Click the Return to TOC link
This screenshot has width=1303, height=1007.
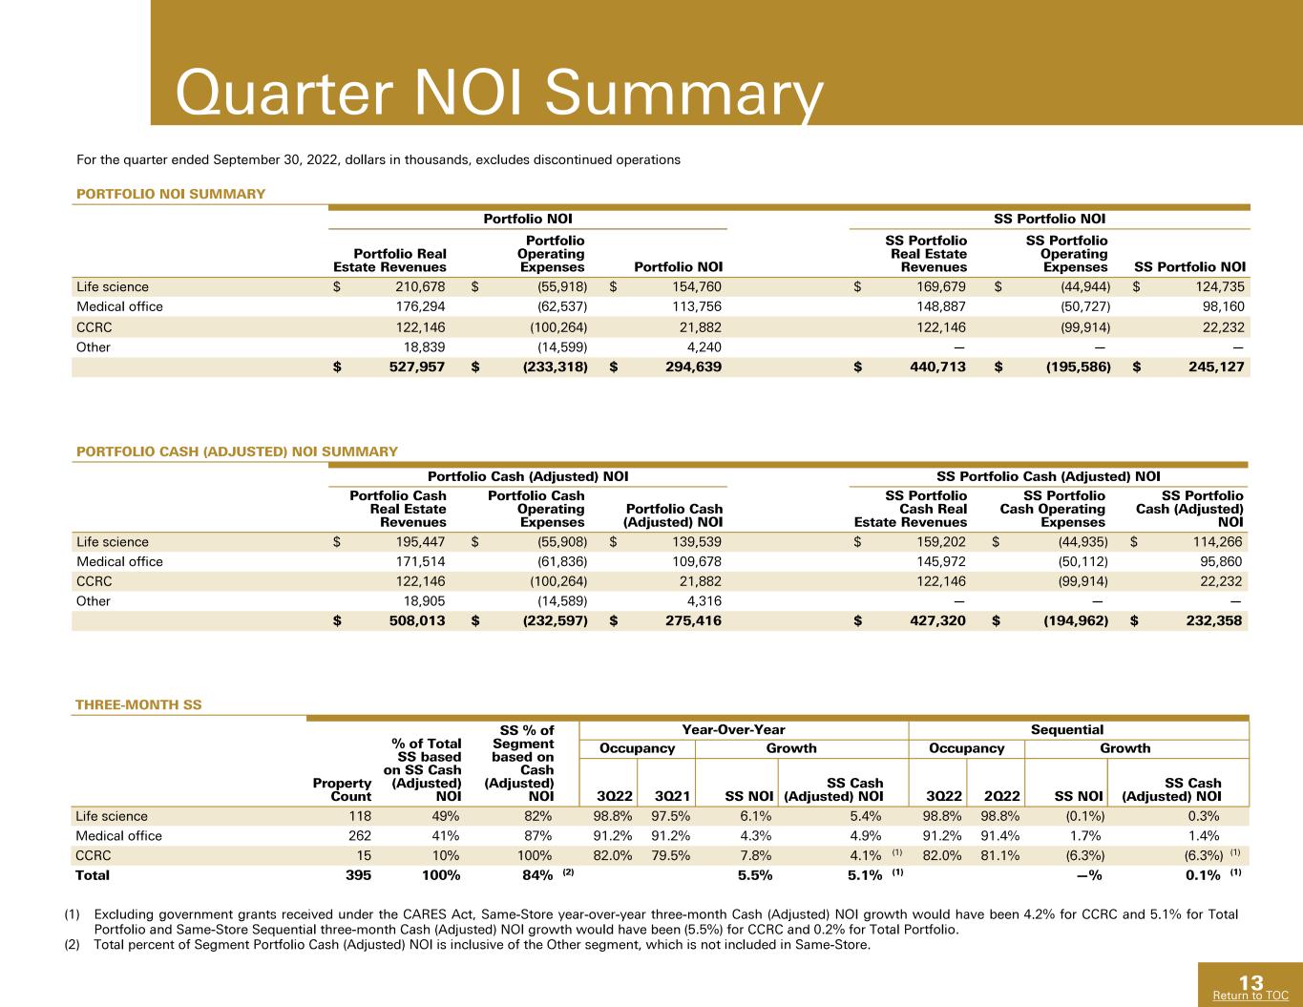[x=1250, y=996]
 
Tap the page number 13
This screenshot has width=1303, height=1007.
[x=1250, y=983]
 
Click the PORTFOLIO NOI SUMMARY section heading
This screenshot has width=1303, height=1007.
[x=171, y=194]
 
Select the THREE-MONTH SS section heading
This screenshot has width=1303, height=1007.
[x=138, y=704]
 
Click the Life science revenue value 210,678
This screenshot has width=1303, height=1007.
[x=420, y=286]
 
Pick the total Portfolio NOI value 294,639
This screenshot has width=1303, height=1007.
[x=693, y=367]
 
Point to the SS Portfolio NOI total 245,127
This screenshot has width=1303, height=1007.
[x=1217, y=367]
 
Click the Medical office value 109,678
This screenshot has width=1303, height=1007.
[x=697, y=561]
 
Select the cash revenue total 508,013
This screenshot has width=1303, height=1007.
[x=417, y=620]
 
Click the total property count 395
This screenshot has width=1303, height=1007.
[x=358, y=875]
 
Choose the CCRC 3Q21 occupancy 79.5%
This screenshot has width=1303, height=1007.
[x=670, y=855]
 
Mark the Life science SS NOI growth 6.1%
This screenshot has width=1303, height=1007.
[x=755, y=816]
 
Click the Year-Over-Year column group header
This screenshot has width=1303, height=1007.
[x=733, y=729]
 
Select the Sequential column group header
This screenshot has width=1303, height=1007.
[x=1067, y=729]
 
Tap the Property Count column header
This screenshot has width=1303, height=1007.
[x=342, y=789]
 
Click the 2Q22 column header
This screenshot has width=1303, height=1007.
[x=1002, y=796]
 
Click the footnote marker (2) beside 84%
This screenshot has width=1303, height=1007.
[x=568, y=872]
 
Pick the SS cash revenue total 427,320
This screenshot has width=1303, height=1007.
[x=937, y=620]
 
